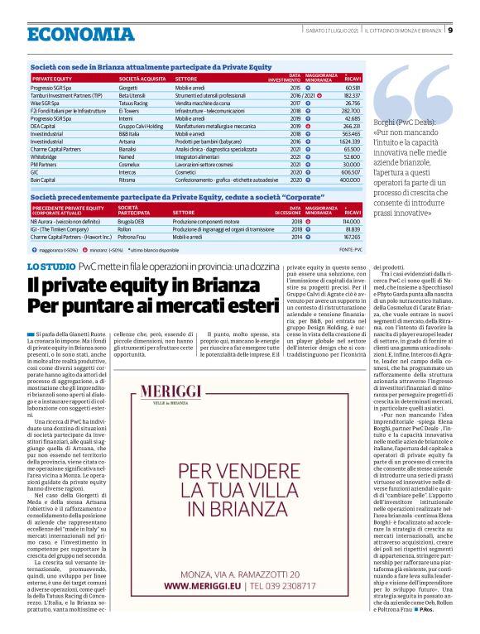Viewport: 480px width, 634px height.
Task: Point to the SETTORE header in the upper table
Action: click(x=185, y=78)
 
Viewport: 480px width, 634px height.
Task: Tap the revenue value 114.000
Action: click(x=349, y=222)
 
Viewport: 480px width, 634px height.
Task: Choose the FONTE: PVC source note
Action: click(x=349, y=248)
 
